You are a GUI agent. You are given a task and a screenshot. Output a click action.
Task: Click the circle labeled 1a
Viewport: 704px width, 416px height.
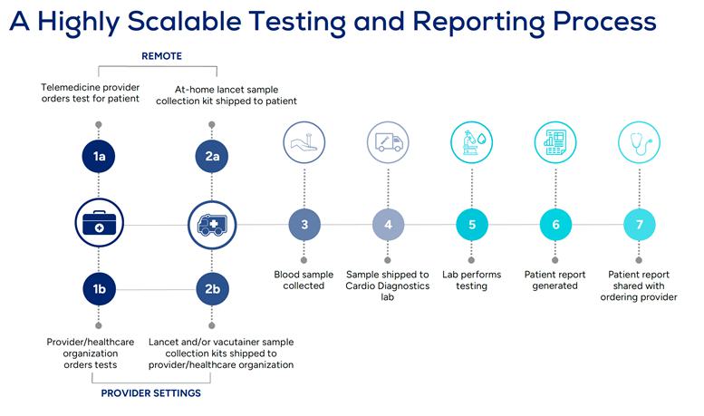coord(100,157)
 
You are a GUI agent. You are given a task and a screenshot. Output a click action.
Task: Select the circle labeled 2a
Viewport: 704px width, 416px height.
coord(211,157)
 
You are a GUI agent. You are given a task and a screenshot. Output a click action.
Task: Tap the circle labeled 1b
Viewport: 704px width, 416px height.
coord(100,289)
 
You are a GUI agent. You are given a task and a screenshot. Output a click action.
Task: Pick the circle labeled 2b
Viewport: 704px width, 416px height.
coord(211,289)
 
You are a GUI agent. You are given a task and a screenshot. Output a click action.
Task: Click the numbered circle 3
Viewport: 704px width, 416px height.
coord(304,223)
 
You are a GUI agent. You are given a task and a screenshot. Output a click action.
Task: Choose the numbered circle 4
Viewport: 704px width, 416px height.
coord(388,223)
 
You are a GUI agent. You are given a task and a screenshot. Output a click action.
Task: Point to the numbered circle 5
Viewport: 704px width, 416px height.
coord(471,223)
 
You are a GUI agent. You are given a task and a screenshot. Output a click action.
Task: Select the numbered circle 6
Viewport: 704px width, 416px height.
coord(555,223)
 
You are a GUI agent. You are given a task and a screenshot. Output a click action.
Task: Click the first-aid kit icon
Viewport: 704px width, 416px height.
coord(100,223)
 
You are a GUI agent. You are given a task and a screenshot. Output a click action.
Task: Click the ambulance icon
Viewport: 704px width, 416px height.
coord(211,223)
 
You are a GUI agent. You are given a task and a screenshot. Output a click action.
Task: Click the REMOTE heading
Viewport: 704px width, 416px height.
coord(161,56)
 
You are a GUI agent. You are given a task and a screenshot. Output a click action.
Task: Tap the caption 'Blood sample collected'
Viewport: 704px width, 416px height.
coord(304,280)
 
